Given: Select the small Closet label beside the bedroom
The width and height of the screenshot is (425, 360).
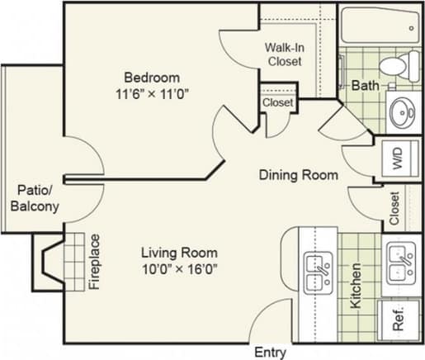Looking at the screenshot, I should [277, 102].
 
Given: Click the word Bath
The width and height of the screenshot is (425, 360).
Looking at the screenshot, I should [365, 85].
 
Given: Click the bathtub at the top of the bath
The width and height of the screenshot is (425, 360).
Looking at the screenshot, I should [380, 25].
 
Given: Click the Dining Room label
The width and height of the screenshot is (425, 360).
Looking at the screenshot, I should [299, 175].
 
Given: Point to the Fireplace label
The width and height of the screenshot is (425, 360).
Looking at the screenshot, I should [94, 263].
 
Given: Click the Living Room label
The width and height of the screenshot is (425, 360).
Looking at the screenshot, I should [178, 253].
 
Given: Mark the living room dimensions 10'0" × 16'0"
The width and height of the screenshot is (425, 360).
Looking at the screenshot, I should [178, 268].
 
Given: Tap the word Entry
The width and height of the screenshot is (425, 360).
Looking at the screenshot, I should [270, 352].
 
